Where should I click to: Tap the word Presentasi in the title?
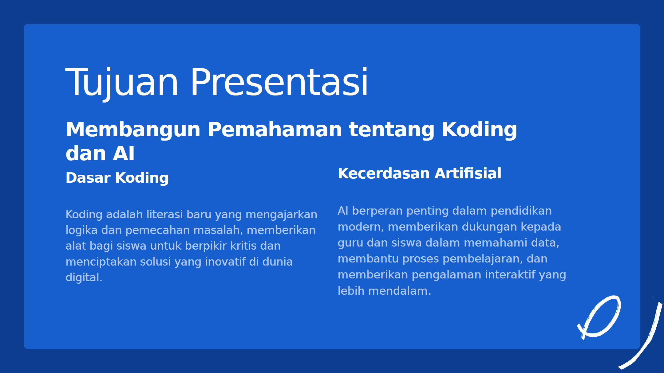[x=279, y=82]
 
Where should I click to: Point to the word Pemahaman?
[x=275, y=129]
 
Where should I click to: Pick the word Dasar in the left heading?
[x=88, y=178]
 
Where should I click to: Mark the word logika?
[x=81, y=231]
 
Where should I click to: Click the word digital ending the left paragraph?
[x=84, y=278]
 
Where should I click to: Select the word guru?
[x=350, y=243]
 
